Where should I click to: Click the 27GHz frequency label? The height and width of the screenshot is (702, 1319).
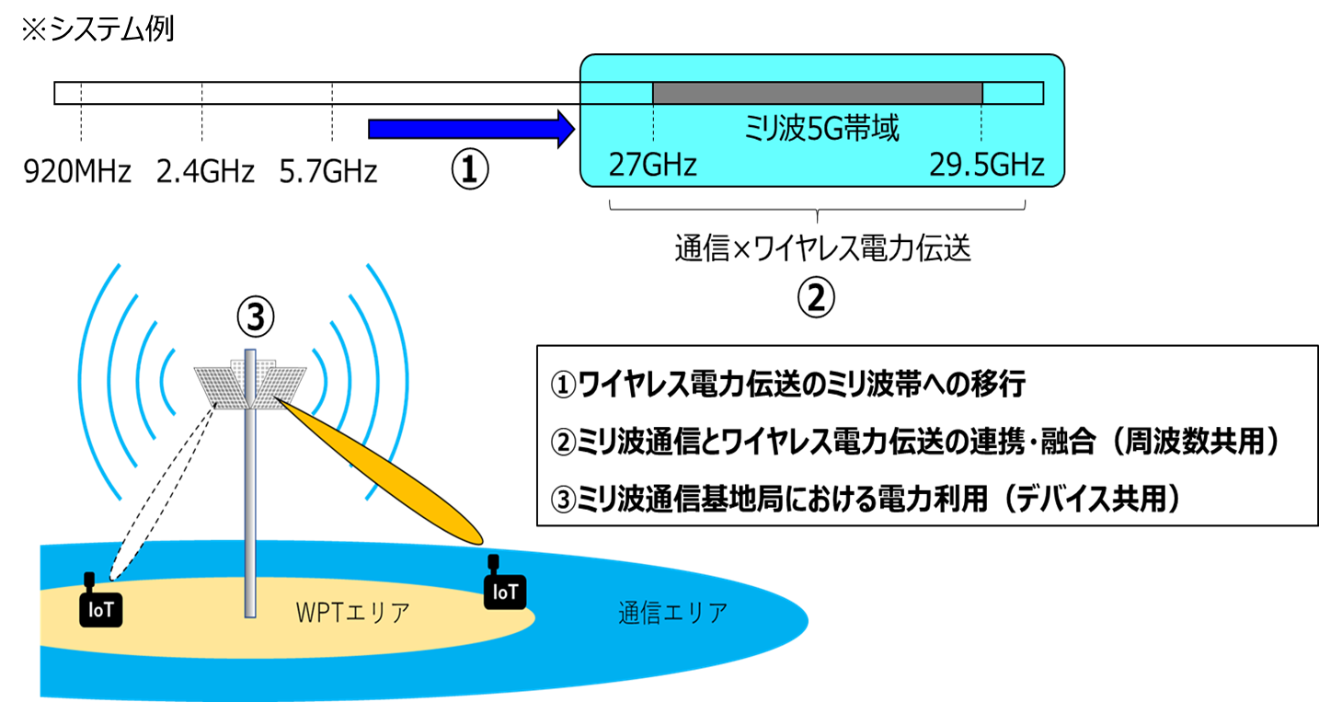click(652, 165)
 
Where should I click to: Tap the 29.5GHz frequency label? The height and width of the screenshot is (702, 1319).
click(985, 165)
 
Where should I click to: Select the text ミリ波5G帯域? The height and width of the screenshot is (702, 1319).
click(820, 130)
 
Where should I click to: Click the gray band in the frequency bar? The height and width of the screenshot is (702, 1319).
click(817, 93)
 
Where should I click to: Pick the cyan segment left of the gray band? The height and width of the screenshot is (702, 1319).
click(616, 93)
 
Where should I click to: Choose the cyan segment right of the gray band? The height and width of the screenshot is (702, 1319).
click(1013, 93)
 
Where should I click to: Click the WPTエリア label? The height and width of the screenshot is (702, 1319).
click(352, 613)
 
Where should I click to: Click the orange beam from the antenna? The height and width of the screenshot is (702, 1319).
click(386, 474)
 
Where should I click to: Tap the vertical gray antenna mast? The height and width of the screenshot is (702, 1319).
click(249, 515)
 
